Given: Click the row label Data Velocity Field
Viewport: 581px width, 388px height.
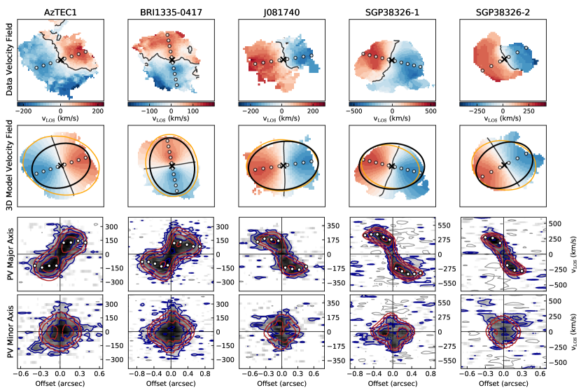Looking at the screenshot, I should (8, 57).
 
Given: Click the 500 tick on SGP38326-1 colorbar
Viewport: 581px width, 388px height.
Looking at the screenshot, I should (430, 111).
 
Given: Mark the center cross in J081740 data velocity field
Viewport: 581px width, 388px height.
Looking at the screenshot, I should (282, 60).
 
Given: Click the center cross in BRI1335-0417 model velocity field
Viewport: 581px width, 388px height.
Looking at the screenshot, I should (171, 165).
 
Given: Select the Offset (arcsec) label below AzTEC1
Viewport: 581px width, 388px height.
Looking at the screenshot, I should (60, 382).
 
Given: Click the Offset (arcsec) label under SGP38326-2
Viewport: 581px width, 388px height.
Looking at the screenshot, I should (503, 382).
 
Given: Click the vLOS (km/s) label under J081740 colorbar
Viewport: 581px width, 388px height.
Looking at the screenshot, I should (281, 118).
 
